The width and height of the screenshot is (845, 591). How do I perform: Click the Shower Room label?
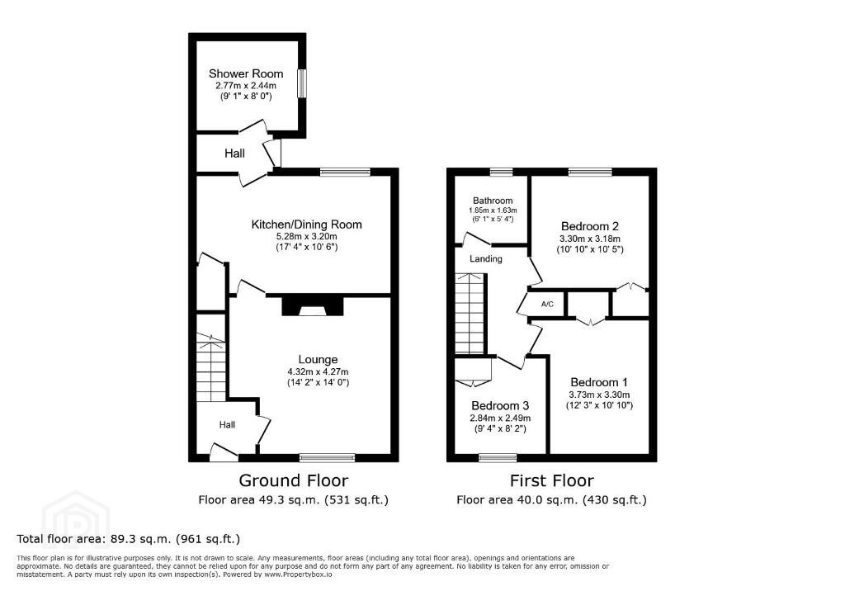coord(246,73)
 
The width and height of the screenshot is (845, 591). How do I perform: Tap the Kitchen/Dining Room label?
coord(307,225)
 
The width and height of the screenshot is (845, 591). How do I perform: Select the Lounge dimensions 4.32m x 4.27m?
coord(318,371)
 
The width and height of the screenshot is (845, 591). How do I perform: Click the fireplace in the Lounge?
coord(313,305)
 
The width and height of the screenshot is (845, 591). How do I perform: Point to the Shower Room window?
coord(302,83)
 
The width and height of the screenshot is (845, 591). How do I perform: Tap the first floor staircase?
coord(470,314)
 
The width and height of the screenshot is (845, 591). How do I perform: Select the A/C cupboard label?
coord(547,304)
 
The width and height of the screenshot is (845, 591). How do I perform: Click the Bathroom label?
coord(493,201)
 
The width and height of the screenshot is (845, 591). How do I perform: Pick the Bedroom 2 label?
coord(589,226)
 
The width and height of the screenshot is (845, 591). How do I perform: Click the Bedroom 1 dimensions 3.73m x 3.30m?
coord(599,395)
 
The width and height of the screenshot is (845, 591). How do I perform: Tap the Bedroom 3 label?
coord(500,405)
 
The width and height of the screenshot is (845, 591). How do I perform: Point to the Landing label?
coord(485,259)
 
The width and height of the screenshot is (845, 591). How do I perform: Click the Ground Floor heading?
coord(293,480)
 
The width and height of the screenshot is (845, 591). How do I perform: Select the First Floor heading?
coord(552,480)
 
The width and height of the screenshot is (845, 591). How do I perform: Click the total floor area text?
coord(128,539)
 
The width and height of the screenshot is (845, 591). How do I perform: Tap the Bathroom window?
coord(501,172)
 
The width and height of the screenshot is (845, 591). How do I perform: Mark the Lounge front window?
coord(328,458)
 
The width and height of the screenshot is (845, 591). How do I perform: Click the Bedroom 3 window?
coord(498,458)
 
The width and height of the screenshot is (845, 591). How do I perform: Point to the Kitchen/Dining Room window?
coord(345,172)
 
